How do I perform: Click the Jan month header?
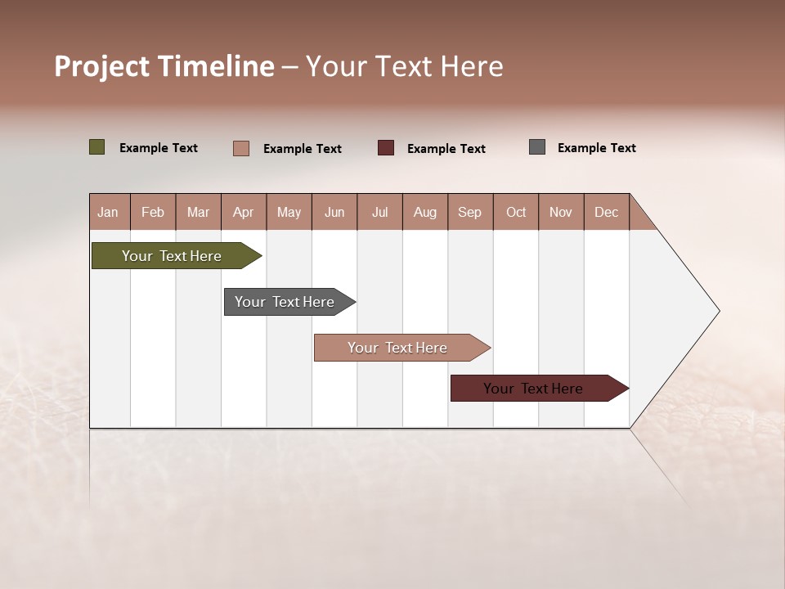(x=109, y=212)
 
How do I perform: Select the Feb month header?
(x=153, y=212)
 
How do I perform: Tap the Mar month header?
(x=198, y=212)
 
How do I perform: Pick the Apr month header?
(x=244, y=212)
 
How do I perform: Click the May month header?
(x=289, y=212)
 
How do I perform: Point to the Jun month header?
(x=334, y=212)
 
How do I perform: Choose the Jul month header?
(x=379, y=212)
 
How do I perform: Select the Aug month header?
(x=425, y=212)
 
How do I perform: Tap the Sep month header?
(x=470, y=212)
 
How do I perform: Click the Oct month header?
(x=516, y=212)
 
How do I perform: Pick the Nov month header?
(x=561, y=212)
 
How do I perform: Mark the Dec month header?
(x=607, y=212)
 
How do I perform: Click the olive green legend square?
(x=97, y=147)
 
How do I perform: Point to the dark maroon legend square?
(x=386, y=147)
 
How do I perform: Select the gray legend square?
(x=537, y=147)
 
